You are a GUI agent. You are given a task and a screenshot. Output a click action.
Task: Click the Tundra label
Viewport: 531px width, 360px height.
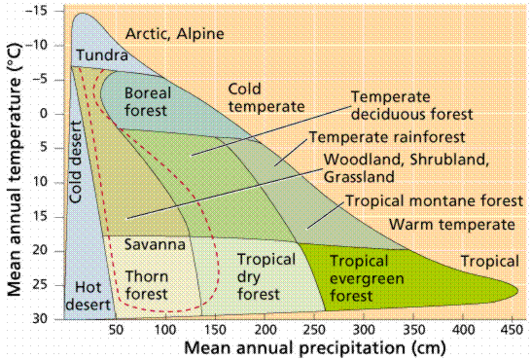pos(98,56)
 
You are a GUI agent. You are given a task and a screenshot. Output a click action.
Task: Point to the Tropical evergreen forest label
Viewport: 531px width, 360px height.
pos(360,270)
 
